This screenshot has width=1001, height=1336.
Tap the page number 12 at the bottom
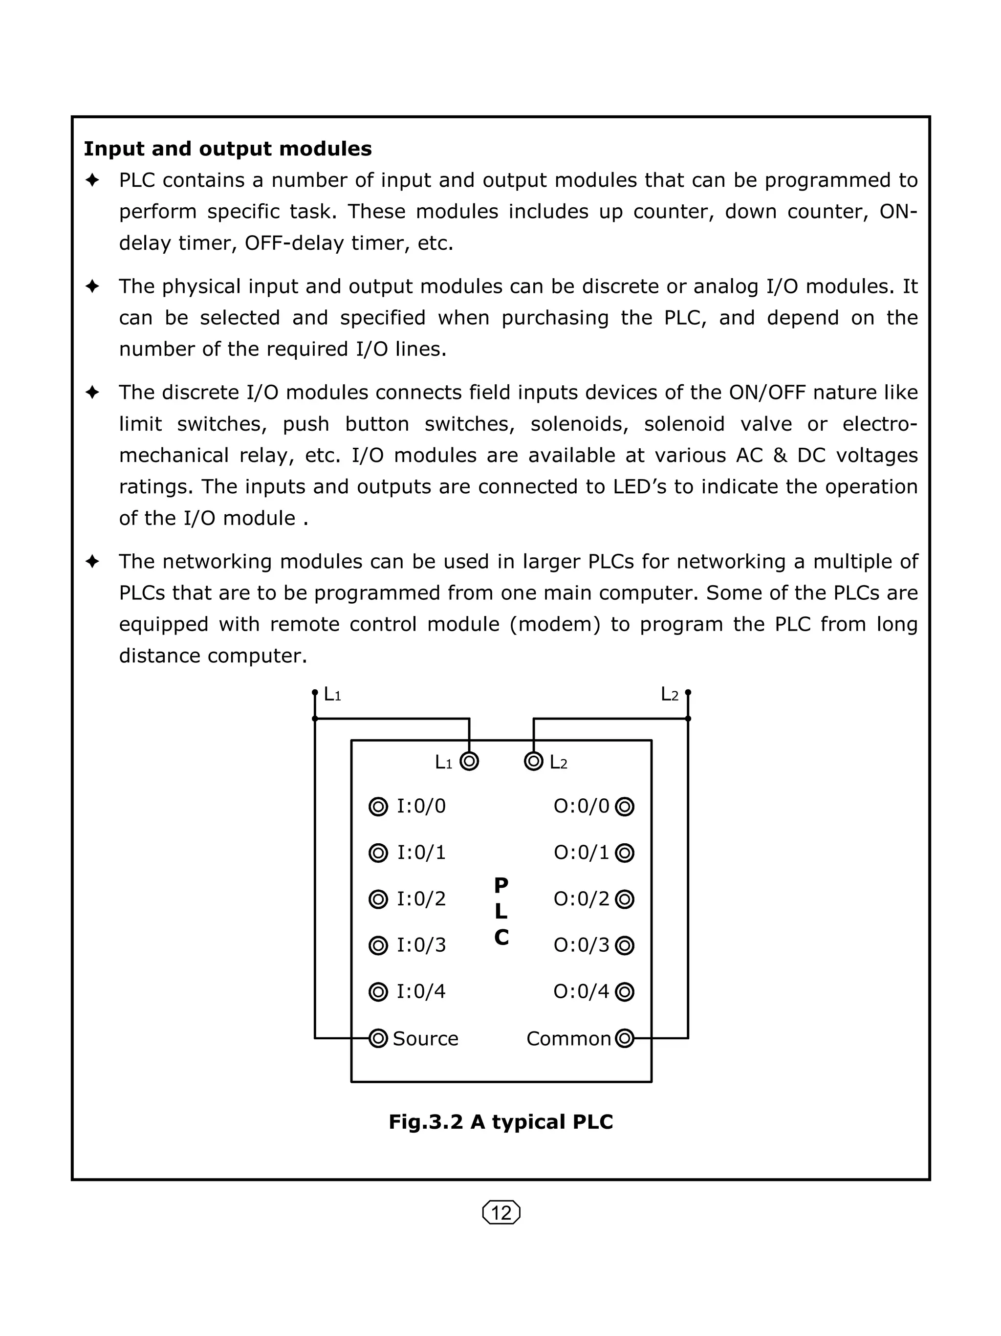point(501,1212)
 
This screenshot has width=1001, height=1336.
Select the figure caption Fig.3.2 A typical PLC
point(500,1121)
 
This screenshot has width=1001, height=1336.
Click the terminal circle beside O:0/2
point(624,899)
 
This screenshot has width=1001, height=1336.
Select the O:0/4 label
point(582,991)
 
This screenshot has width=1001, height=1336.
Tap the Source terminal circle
point(378,1038)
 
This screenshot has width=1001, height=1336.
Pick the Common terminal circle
point(624,1038)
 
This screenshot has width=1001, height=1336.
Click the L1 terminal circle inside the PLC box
point(469,761)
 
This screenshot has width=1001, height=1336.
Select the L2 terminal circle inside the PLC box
point(534,761)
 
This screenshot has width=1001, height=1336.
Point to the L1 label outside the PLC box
point(332,695)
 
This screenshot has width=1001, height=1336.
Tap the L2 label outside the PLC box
point(670,695)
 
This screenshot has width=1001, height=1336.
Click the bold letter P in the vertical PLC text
point(501,885)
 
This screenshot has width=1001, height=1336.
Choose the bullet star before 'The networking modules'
point(92,562)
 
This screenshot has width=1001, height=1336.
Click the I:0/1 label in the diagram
point(421,853)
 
